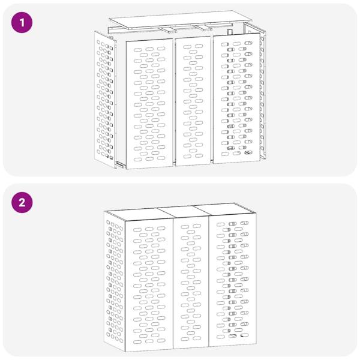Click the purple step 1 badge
(x=22, y=23)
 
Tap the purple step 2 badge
(x=22, y=203)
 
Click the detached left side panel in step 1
(x=105, y=100)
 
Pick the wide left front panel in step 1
(x=149, y=104)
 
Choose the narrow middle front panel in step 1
(x=193, y=101)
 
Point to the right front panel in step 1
(x=237, y=98)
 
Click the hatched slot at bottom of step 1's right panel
(x=248, y=152)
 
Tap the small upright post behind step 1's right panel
(x=230, y=32)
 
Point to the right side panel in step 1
(x=256, y=92)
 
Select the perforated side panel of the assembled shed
(x=115, y=281)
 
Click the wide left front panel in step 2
(x=149, y=285)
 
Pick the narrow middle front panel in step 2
(x=191, y=282)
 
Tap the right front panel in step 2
(x=233, y=280)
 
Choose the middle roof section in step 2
(x=184, y=211)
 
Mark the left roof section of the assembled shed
(x=140, y=214)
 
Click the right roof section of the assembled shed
(x=226, y=209)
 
